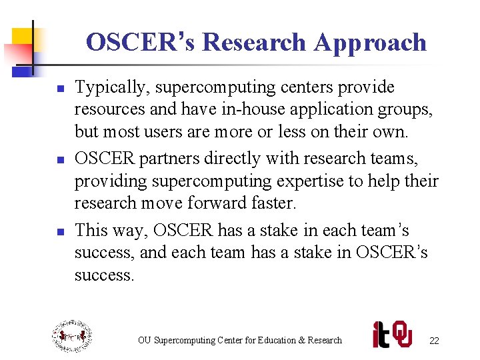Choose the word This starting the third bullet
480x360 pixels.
pyautogui.click(x=91, y=231)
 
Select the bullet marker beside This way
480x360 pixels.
pyautogui.click(x=59, y=231)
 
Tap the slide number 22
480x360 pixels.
pyautogui.click(x=434, y=341)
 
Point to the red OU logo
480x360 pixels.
pyautogui.click(x=402, y=335)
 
